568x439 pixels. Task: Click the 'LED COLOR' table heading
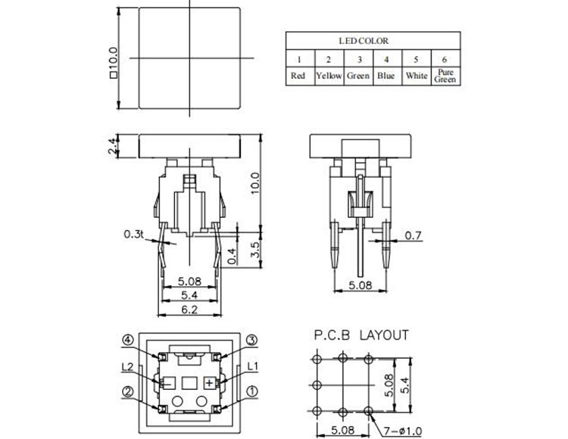[x=373, y=41]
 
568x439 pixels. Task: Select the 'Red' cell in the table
[x=299, y=76]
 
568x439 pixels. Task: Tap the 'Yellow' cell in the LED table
[x=329, y=76]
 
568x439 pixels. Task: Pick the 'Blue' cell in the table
[x=387, y=76]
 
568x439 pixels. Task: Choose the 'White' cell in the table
[x=417, y=76]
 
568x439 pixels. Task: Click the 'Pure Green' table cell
[x=445, y=76]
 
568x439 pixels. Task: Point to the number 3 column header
[x=358, y=59]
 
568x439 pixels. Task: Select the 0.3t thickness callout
[x=134, y=235]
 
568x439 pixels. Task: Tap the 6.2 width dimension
[x=189, y=310]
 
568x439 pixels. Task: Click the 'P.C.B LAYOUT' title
[x=360, y=335]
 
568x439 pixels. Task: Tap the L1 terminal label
[x=254, y=367]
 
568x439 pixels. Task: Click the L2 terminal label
[x=128, y=367]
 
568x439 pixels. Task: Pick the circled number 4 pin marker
[x=129, y=340]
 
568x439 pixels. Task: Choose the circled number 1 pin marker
[x=253, y=393]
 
